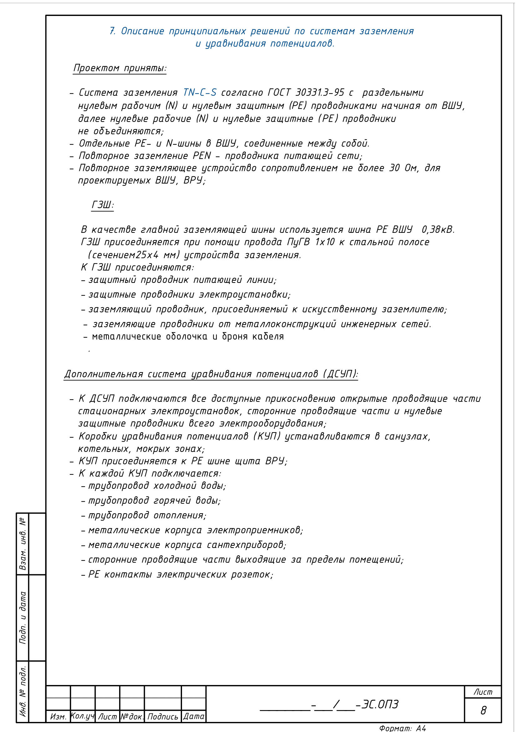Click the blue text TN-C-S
[x=200, y=92]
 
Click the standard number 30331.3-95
[x=320, y=92]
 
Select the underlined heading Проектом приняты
[x=120, y=68]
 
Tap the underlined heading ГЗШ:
[x=103, y=205]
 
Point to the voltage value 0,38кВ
[x=438, y=229]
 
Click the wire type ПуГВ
[x=298, y=242]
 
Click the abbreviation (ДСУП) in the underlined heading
[x=340, y=374]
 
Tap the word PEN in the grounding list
[x=202, y=156]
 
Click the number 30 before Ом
[x=394, y=168]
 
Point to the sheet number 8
[x=483, y=710]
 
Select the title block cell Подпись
[x=163, y=717]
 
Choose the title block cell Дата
[x=194, y=716]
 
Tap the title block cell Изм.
[x=58, y=717]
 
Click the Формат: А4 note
[x=402, y=728]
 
